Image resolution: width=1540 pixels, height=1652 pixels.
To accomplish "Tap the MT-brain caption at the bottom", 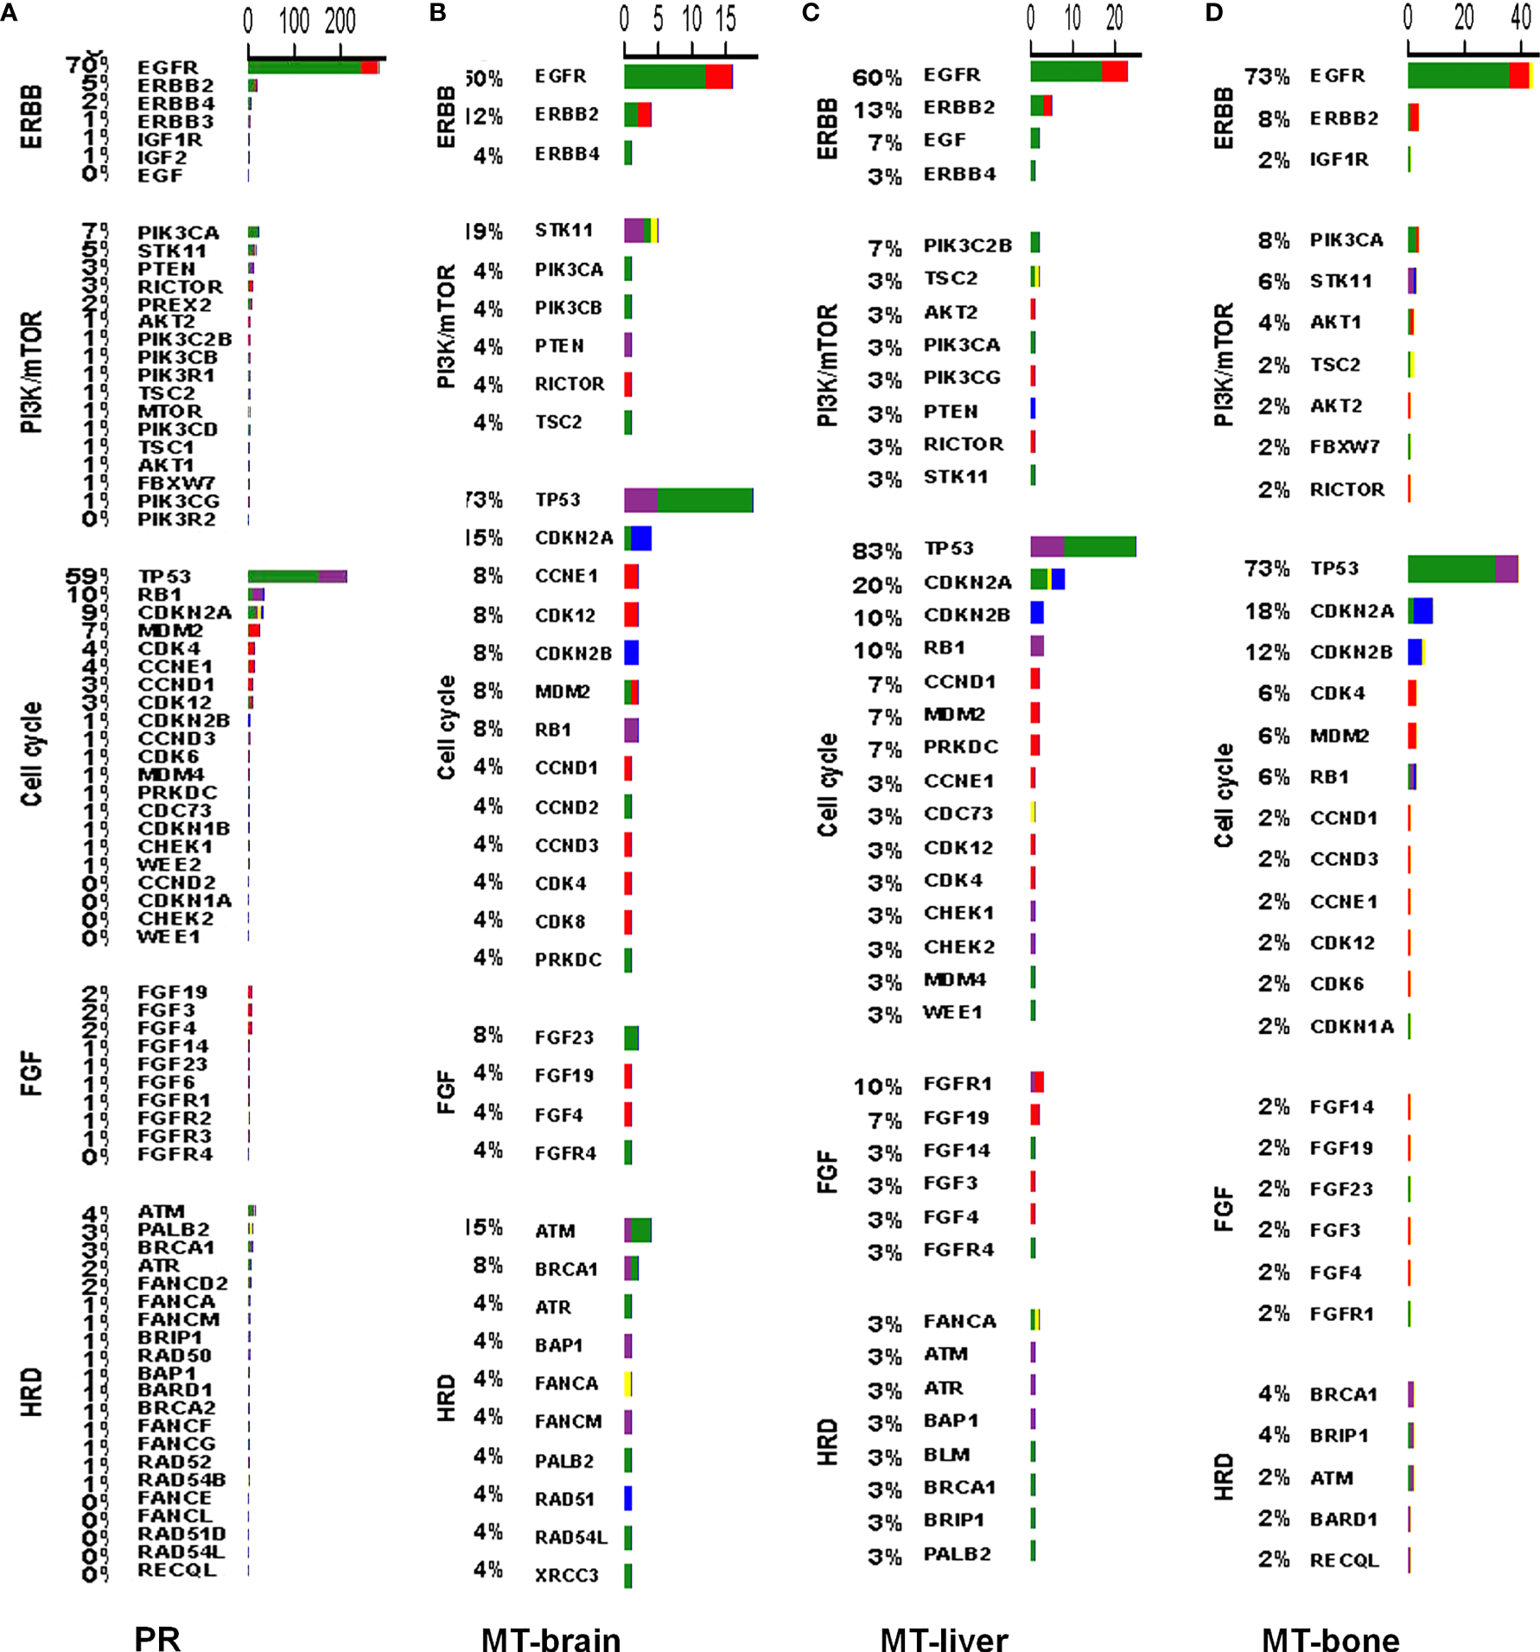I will (x=550, y=1636).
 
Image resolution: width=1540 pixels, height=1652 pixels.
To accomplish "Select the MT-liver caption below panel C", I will (x=944, y=1636).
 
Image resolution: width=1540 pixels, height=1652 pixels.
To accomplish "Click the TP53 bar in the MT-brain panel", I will (x=689, y=500).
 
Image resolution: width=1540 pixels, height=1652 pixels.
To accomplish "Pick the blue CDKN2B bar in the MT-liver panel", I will (x=1037, y=613).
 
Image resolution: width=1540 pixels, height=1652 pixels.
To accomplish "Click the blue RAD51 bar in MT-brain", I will (x=628, y=1498).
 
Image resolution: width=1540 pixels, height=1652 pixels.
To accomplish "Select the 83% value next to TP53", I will (x=877, y=551).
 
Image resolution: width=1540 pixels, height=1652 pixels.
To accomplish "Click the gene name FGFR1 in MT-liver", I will (x=958, y=1084).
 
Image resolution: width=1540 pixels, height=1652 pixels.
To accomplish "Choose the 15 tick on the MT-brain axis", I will (x=725, y=19).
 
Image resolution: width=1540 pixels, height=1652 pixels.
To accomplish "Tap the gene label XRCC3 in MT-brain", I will (x=566, y=1575).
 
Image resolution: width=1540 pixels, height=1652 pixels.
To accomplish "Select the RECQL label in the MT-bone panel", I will (x=1344, y=1560).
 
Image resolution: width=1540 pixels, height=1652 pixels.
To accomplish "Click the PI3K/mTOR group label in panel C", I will (x=827, y=365).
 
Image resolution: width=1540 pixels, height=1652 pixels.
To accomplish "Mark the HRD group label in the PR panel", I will (x=31, y=1392).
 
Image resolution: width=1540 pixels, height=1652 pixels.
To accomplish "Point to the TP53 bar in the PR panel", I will (x=297, y=577).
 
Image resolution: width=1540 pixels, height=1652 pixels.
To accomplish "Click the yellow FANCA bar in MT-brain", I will (x=628, y=1384).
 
